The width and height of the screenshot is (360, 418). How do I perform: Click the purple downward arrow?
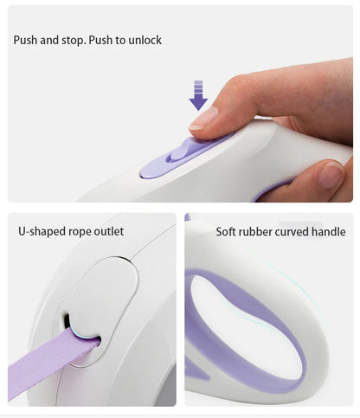pos(198,95)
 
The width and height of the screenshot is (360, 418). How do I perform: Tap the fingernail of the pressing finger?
pos(203,119)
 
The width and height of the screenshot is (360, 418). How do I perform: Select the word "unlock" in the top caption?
pos(145,40)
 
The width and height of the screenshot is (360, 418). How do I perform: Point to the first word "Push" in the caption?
pos(26,40)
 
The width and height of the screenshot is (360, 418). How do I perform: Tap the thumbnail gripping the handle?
pos(331,175)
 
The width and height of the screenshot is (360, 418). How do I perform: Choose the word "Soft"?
pos(226,232)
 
